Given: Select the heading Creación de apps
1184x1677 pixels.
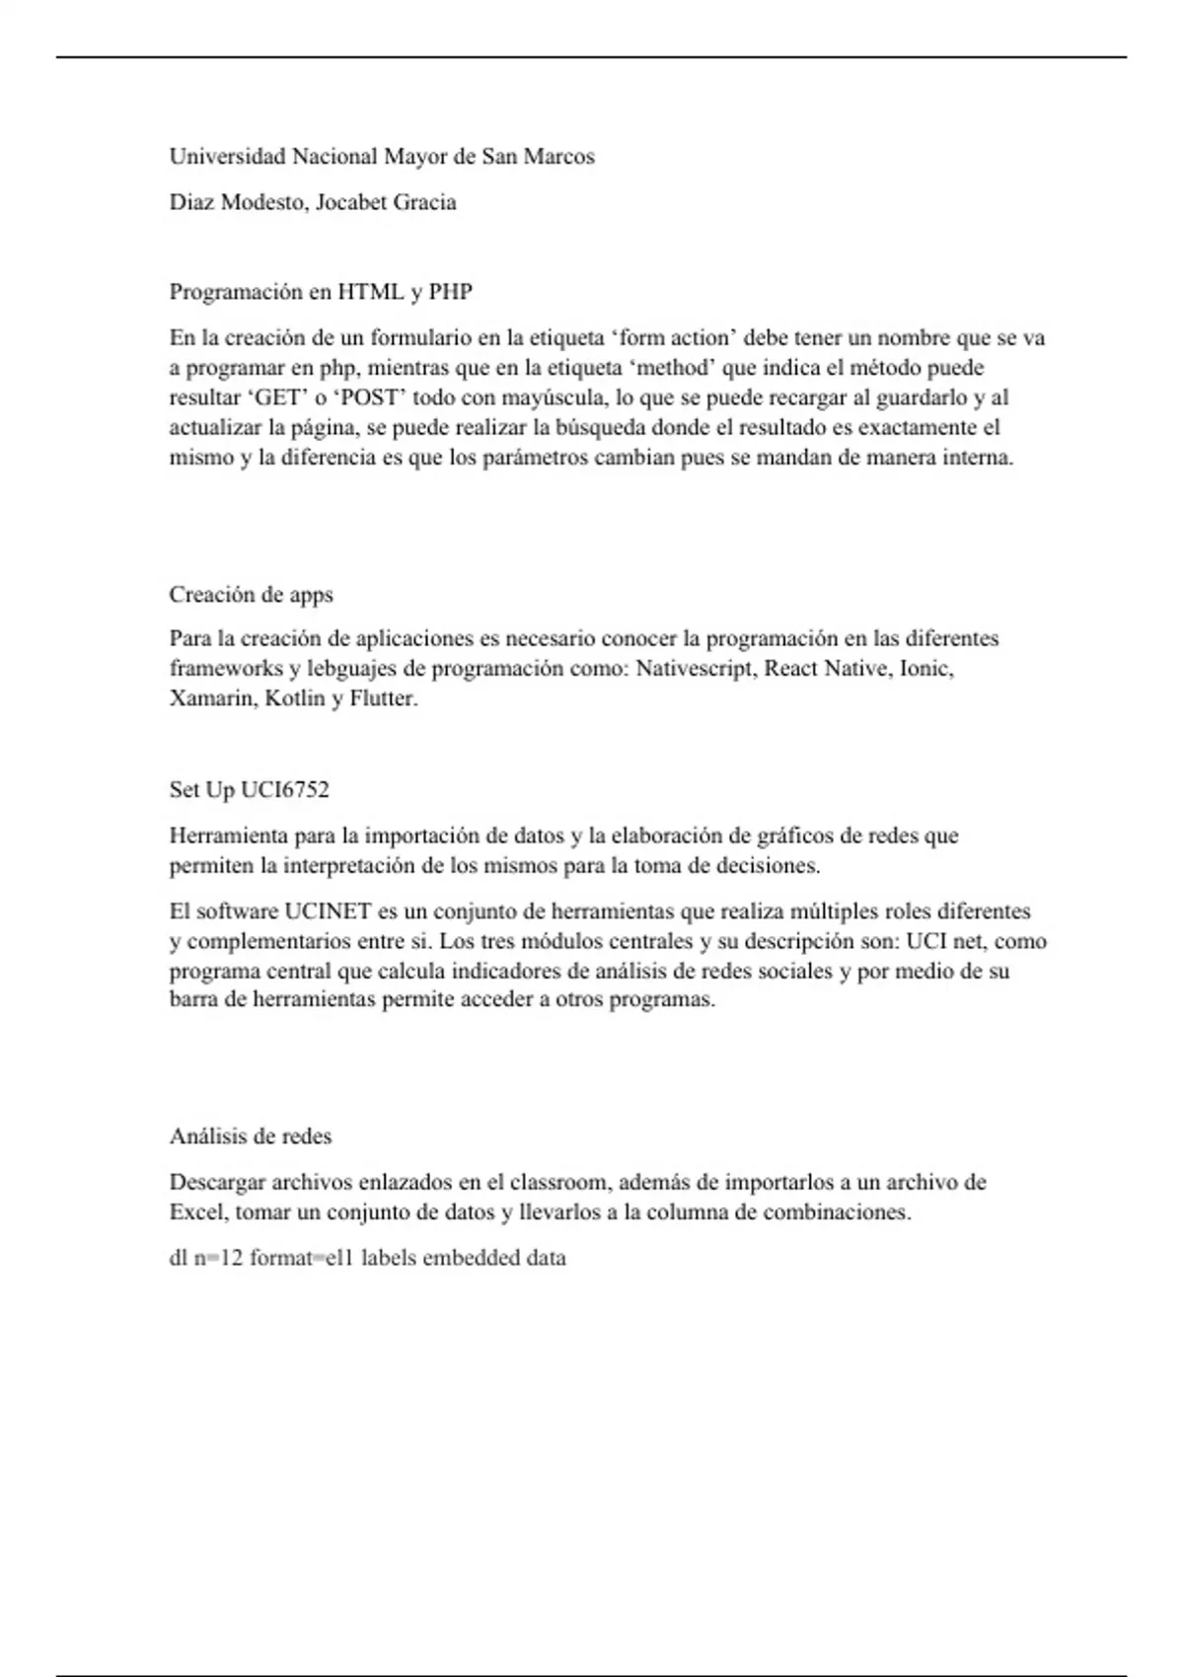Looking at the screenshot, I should (x=251, y=595).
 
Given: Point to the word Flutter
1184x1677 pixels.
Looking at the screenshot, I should (x=384, y=698).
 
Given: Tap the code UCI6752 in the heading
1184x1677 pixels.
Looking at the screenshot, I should (x=285, y=790).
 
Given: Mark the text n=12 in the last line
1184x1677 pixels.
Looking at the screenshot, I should (x=218, y=1259).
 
